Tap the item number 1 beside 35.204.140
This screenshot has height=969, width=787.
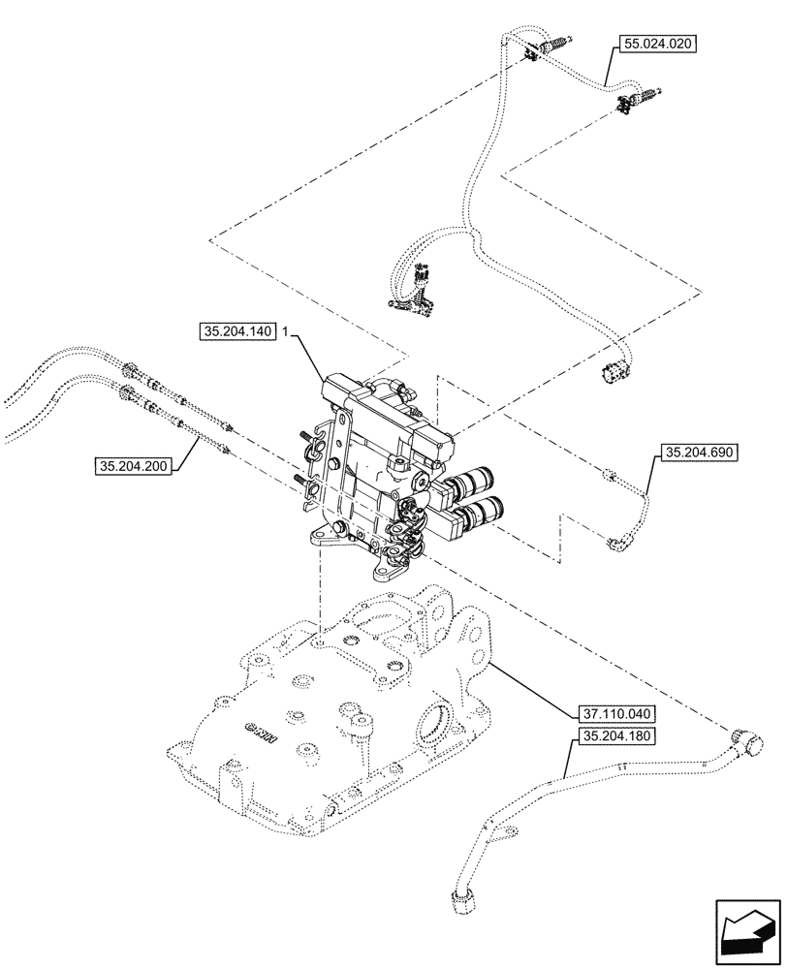pos(287,331)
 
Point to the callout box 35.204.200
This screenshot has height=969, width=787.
pos(134,466)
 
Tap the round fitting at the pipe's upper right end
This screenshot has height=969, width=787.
pos(748,743)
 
